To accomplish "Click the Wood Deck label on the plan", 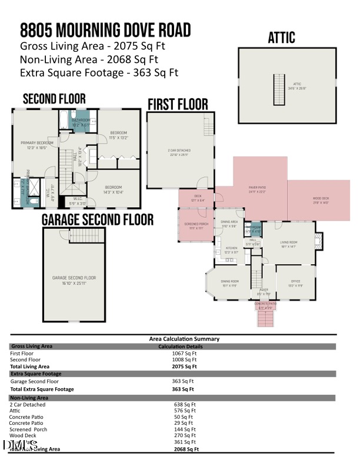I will click(x=321, y=200).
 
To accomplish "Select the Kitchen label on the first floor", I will click(x=232, y=249).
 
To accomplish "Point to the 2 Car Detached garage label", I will click(x=179, y=152).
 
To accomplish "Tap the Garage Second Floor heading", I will click(x=98, y=220).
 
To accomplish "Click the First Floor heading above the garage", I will click(x=178, y=105).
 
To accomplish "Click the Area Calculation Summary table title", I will click(x=184, y=339).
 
